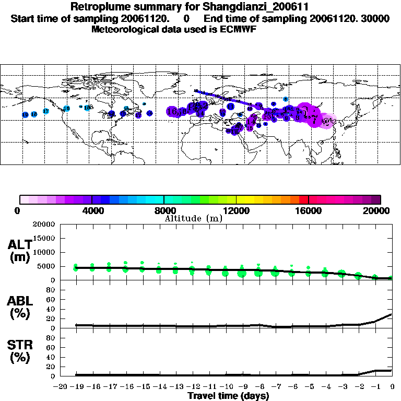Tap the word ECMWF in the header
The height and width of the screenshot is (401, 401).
pyautogui.click(x=238, y=29)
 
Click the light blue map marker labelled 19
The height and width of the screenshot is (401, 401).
pyautogui.click(x=25, y=114)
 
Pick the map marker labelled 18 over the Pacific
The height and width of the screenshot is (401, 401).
pyautogui.click(x=34, y=114)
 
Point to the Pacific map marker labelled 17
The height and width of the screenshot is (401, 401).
pyautogui.click(x=45, y=111)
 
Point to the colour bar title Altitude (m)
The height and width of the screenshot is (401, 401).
pyautogui.click(x=194, y=218)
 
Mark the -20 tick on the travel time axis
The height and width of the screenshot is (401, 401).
pyautogui.click(x=61, y=386)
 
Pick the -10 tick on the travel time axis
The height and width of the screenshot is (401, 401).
pyautogui.click(x=227, y=386)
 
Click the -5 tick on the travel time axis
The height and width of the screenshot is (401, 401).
pyautogui.click(x=310, y=386)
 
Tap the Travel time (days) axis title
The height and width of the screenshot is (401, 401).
pyautogui.click(x=228, y=396)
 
